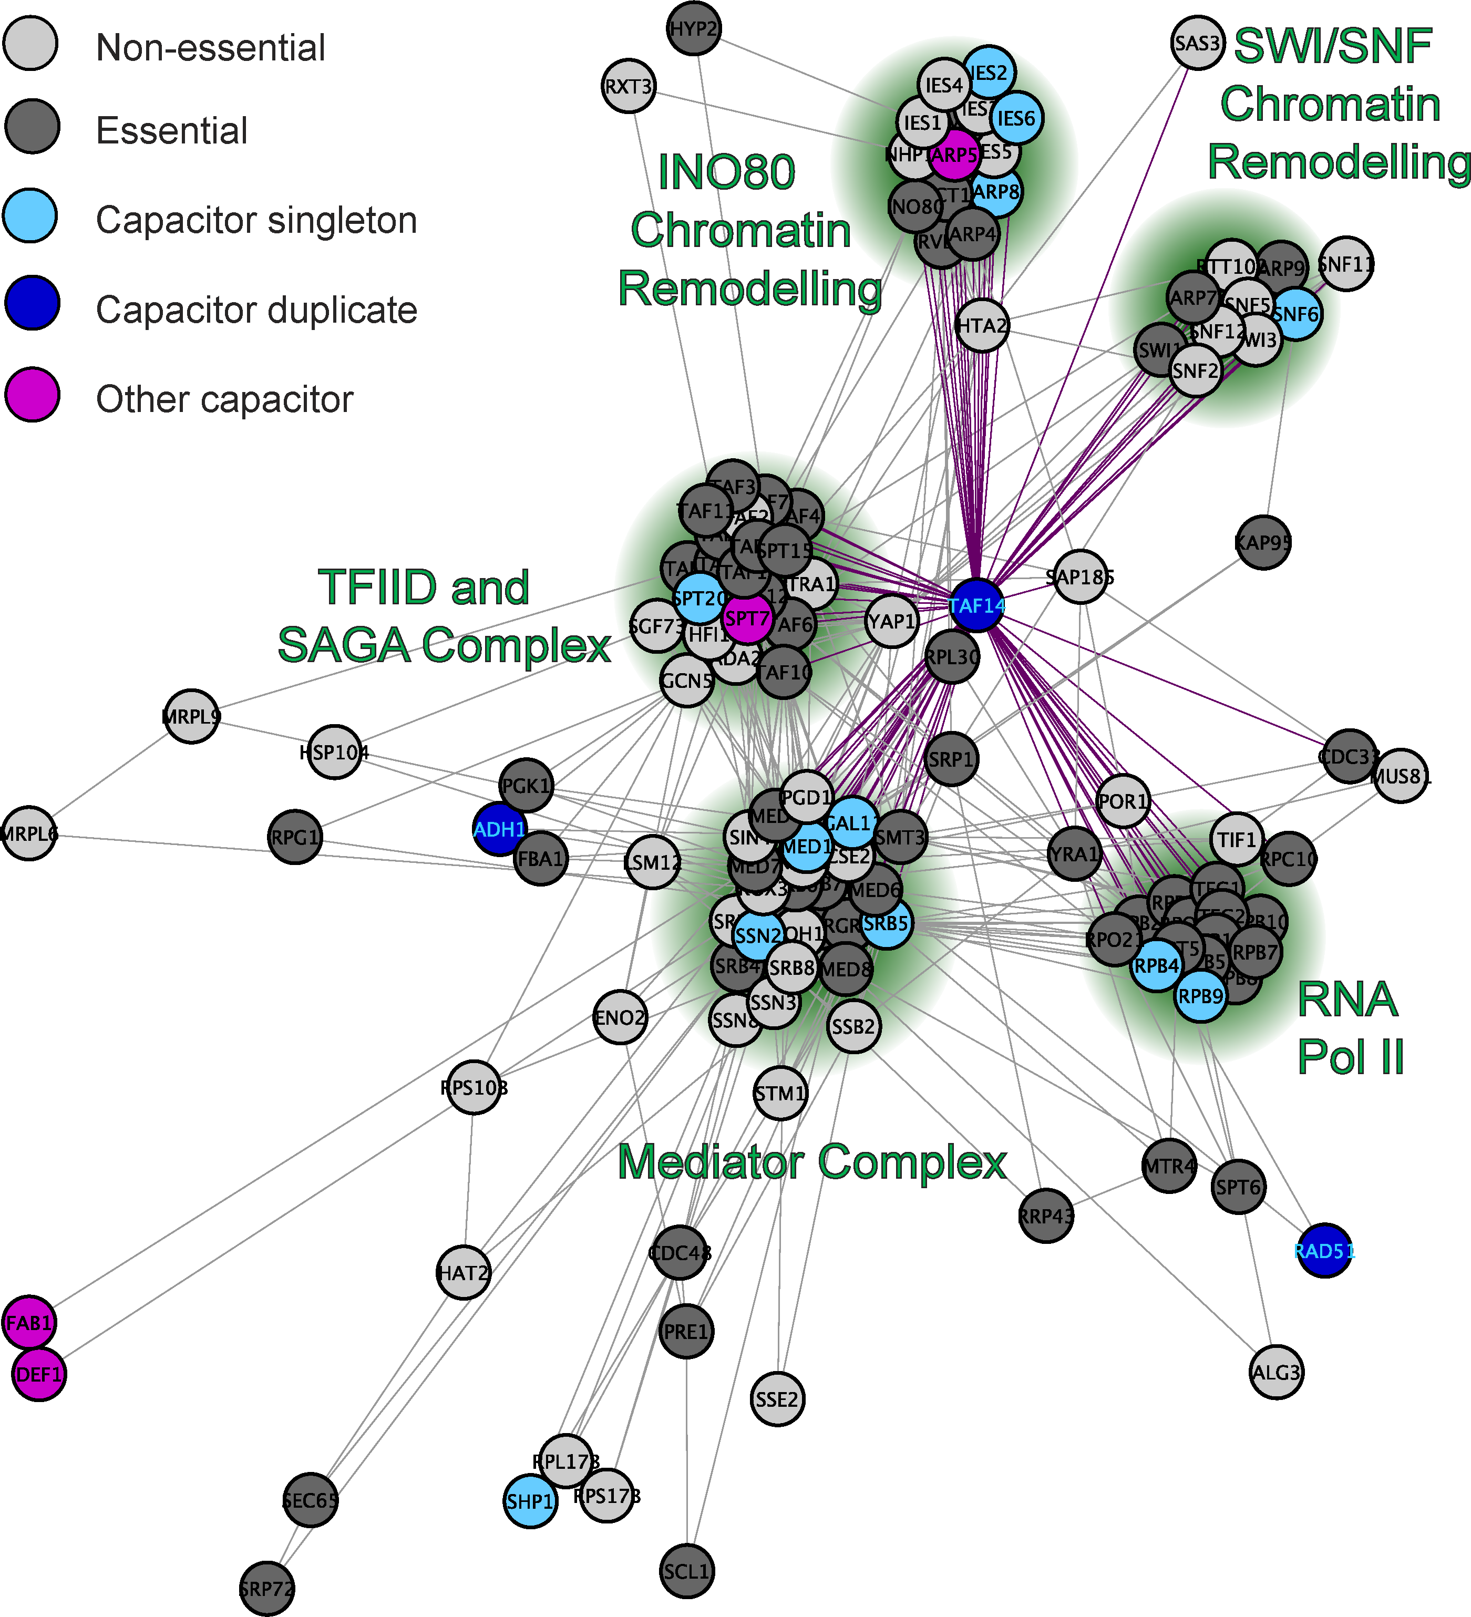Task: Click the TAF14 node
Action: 976,605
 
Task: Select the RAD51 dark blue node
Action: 1324,1250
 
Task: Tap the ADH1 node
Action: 500,829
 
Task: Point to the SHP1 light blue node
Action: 530,1501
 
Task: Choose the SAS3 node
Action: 1198,43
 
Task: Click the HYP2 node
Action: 694,29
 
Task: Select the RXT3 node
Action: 629,86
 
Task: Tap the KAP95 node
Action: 1263,542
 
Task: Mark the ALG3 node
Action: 1276,1372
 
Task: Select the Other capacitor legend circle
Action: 32,394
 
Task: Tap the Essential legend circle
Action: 32,126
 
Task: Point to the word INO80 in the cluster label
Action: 726,172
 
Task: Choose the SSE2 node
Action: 777,1399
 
